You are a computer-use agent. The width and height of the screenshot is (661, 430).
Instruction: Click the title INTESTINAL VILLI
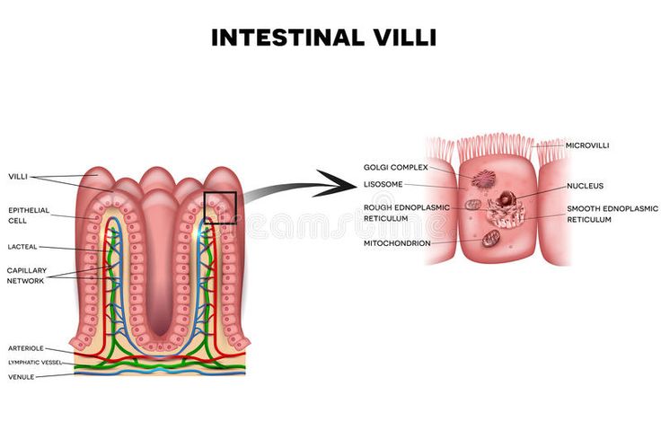(x=323, y=39)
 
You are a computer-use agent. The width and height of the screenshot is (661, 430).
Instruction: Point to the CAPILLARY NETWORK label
(x=26, y=274)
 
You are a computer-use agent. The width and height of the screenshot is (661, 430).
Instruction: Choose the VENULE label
(x=21, y=376)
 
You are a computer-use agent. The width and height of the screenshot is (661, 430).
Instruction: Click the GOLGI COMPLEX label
(x=395, y=167)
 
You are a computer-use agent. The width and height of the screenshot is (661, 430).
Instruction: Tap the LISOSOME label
(x=382, y=185)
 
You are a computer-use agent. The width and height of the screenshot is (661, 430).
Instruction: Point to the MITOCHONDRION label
(x=396, y=242)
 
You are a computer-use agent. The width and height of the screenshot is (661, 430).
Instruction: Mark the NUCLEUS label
(x=585, y=186)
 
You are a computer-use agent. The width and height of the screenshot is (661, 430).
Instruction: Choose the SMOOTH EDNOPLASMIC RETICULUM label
(x=612, y=213)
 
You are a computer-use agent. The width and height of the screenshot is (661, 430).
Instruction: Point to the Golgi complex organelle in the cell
(x=486, y=179)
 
